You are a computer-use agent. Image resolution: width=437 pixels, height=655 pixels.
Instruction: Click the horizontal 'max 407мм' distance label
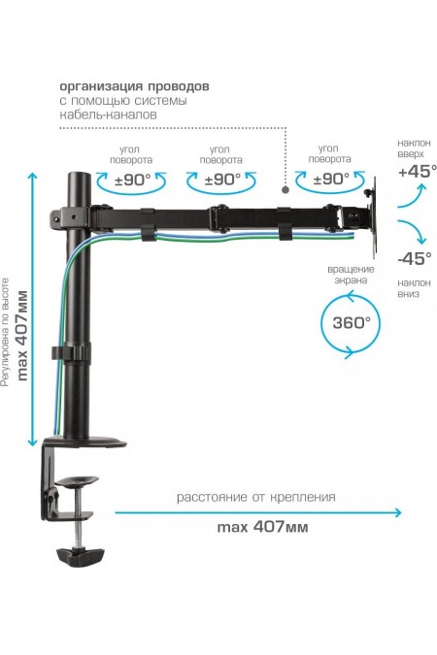[261, 528]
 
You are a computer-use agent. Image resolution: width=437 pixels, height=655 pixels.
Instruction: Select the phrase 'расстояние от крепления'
[256, 497]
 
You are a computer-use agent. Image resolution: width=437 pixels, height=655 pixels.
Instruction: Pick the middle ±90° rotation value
[223, 179]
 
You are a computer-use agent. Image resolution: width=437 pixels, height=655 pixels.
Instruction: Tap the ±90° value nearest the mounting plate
[331, 179]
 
